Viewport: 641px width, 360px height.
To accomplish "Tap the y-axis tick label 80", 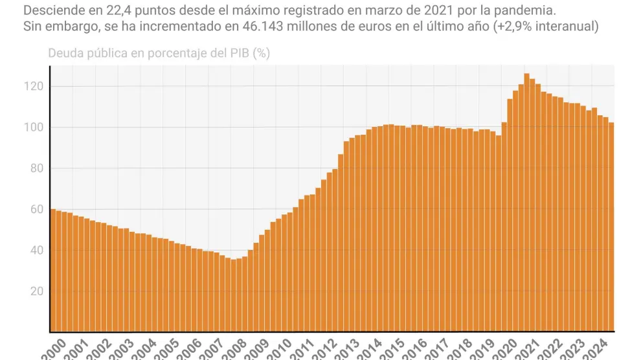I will tap(36, 168).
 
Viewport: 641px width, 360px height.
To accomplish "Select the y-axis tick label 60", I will tap(36, 209).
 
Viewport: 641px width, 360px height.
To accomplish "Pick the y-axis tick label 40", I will tap(36, 250).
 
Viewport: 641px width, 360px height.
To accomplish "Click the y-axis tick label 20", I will tap(36, 291).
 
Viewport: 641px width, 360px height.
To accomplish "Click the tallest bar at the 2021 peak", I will tap(526, 207).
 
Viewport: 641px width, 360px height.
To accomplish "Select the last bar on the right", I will tap(611, 227).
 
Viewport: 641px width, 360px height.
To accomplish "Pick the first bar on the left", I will tap(53, 272).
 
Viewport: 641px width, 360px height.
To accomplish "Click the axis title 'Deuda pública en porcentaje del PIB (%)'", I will tap(159, 53).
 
